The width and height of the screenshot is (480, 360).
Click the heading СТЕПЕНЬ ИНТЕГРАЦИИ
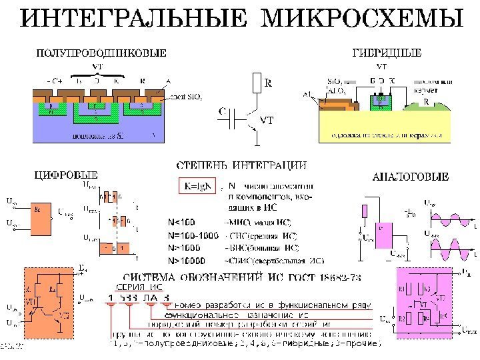point(241,164)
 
